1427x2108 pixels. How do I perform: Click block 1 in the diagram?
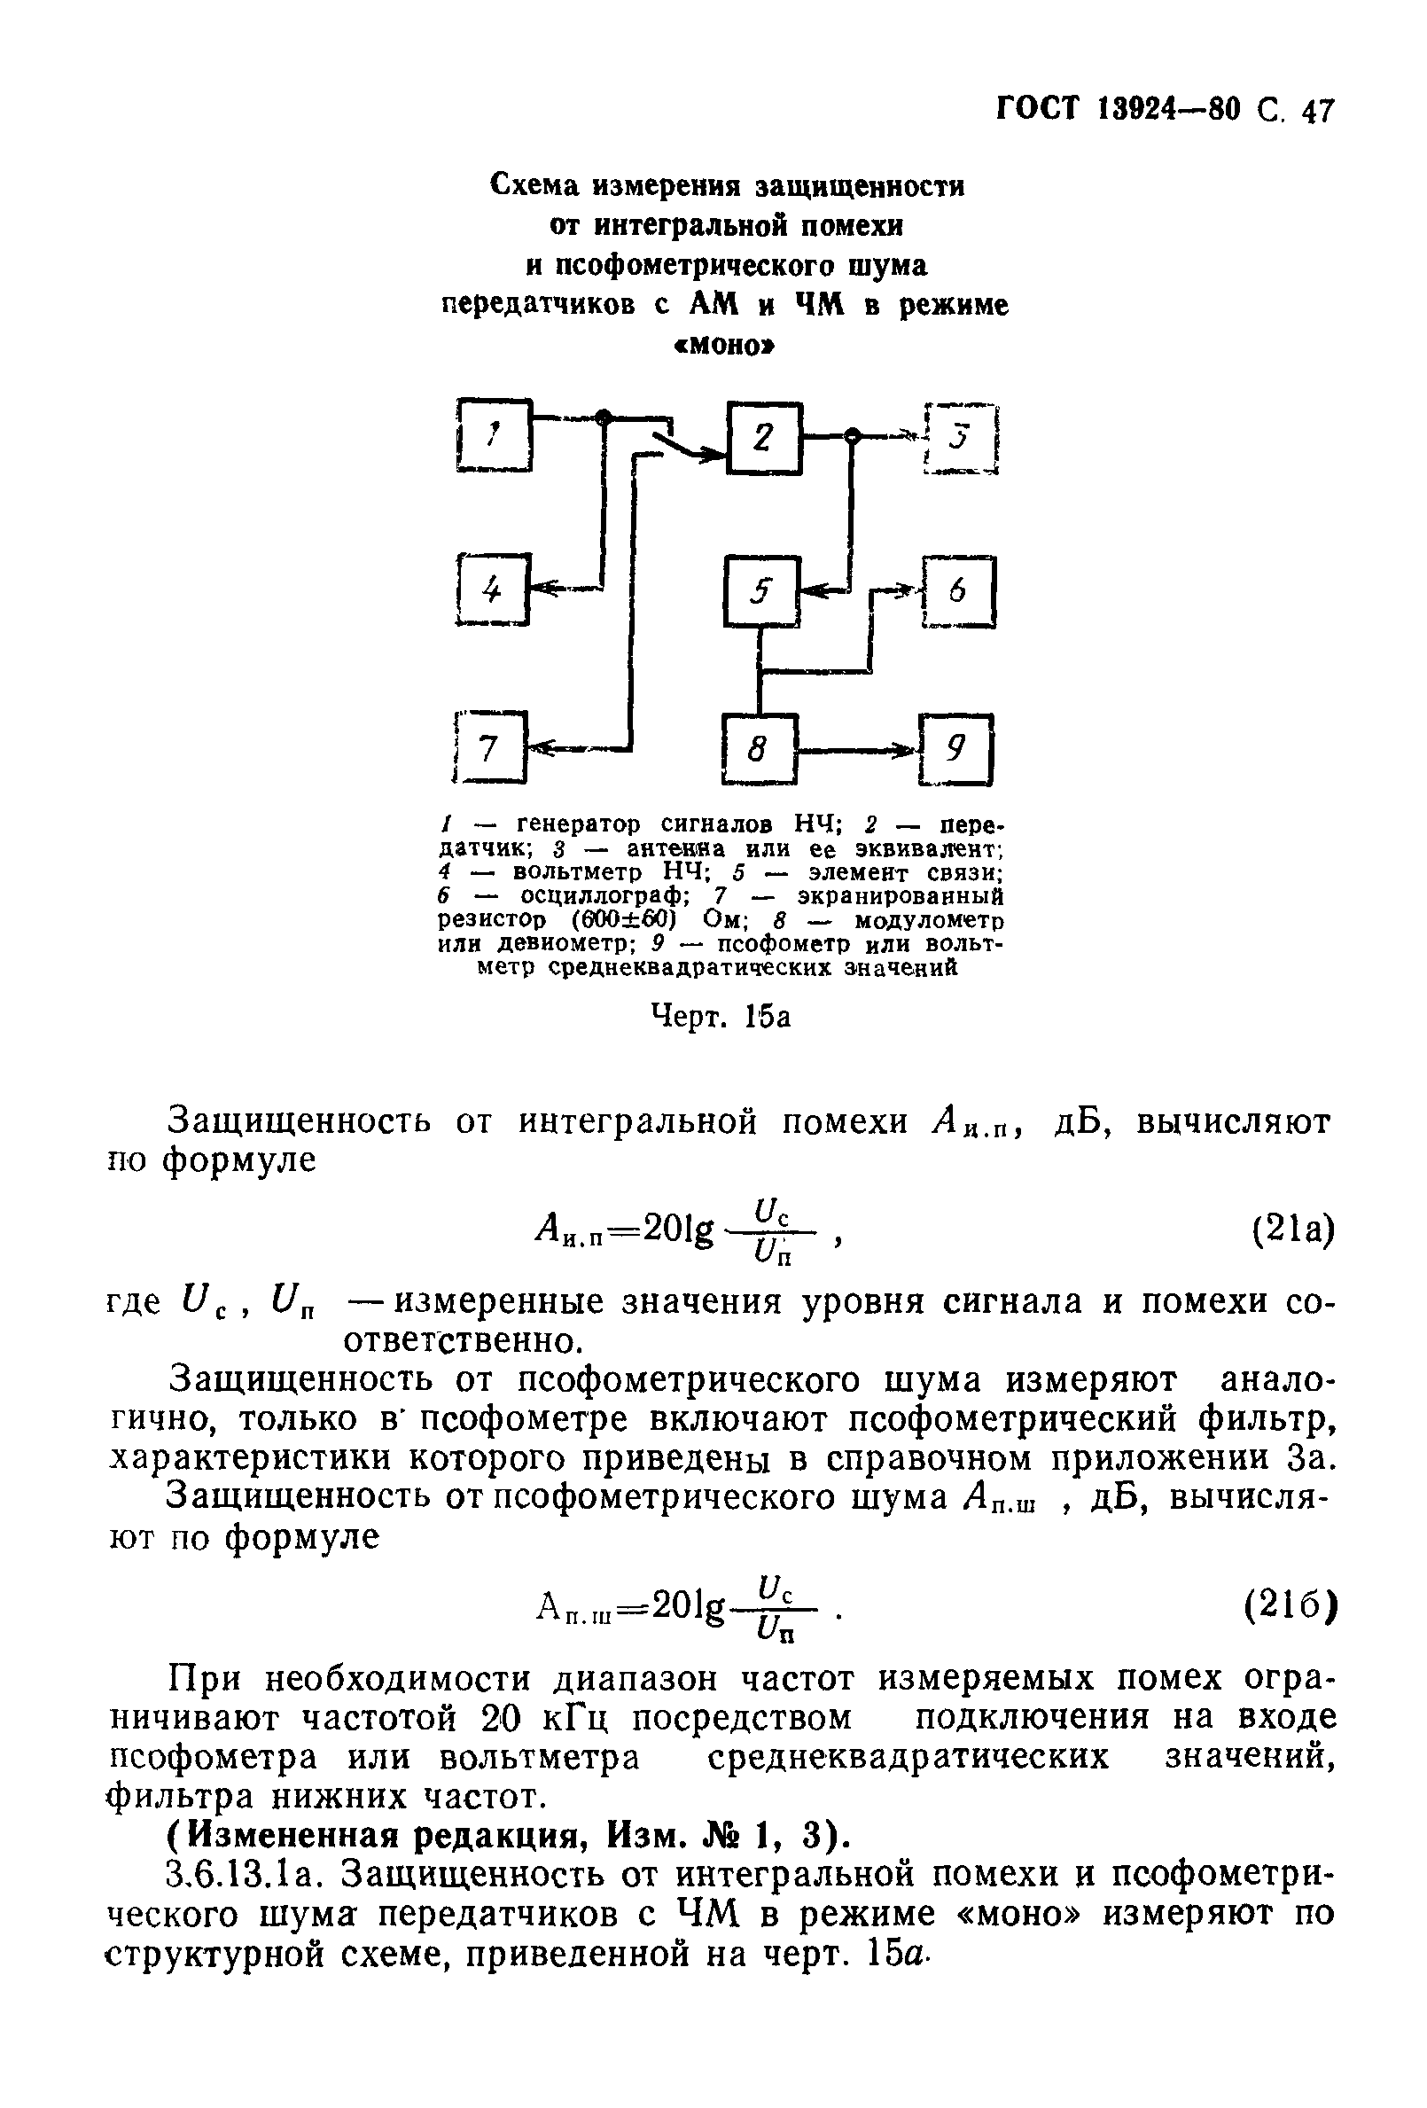point(495,435)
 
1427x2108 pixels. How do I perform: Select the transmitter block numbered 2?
point(764,437)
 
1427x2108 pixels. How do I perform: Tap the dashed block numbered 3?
point(961,439)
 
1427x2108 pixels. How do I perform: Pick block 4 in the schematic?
point(493,590)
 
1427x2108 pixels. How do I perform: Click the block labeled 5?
point(761,591)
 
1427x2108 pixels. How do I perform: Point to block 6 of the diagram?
point(959,591)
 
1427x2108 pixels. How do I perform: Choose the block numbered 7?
point(490,748)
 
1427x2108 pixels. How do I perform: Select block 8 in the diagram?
point(760,749)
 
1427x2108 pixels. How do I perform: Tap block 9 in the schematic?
point(956,749)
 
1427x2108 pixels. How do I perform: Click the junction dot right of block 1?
point(604,417)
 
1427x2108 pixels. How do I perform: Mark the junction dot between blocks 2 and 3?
point(852,437)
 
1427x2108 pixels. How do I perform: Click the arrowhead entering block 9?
point(908,750)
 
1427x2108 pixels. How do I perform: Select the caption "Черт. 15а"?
point(721,1017)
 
